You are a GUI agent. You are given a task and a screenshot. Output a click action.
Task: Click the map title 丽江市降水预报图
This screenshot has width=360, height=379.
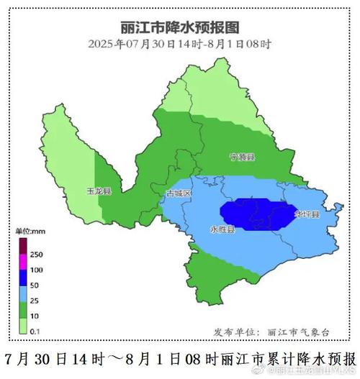[179, 28]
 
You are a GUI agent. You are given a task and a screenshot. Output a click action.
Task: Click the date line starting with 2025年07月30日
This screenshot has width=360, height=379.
[179, 43]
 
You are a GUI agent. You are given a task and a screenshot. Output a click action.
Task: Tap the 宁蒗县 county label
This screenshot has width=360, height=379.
[243, 157]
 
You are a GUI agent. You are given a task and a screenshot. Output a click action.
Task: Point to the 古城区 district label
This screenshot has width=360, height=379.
[179, 193]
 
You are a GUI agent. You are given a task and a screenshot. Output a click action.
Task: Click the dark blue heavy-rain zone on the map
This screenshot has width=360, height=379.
[252, 214]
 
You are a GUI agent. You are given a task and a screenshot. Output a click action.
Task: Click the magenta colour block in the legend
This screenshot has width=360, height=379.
[24, 262]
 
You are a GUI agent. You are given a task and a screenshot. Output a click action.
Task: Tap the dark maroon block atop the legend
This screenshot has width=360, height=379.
[24, 245]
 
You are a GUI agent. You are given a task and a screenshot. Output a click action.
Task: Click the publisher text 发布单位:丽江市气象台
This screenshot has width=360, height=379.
[272, 332]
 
